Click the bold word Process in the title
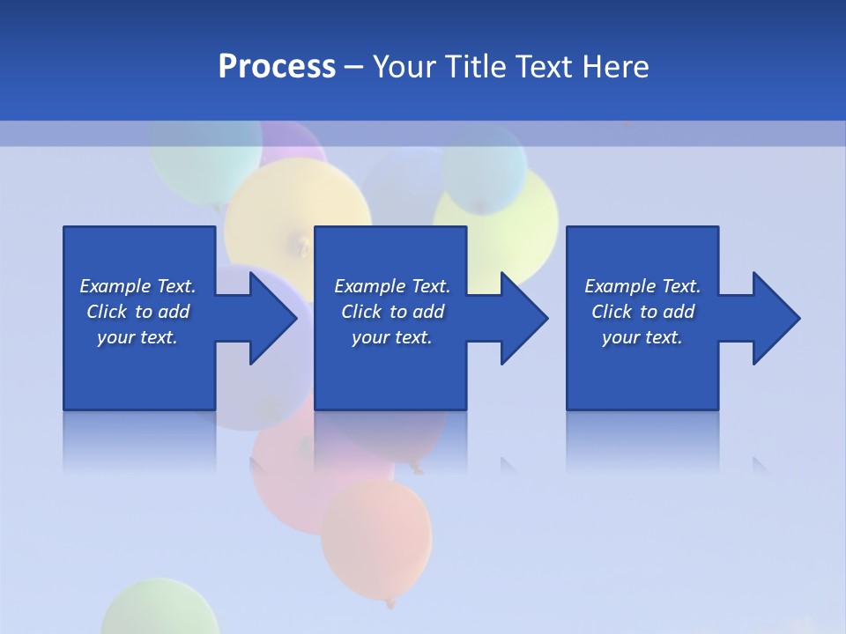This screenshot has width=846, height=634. [277, 66]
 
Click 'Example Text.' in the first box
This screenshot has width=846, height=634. [137, 286]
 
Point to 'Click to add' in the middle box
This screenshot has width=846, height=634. [392, 312]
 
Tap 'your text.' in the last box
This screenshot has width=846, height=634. [642, 337]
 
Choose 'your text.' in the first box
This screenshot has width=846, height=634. [137, 337]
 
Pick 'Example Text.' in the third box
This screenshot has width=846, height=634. [642, 286]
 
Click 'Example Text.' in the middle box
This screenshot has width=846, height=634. [392, 286]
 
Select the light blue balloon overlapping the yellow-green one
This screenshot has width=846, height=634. [483, 167]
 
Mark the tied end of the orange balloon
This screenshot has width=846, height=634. [390, 603]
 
